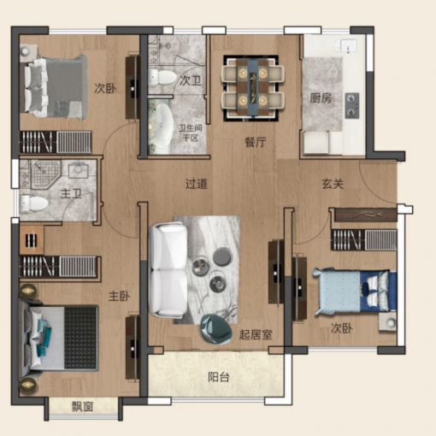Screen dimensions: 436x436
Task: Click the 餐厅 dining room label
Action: pos(256,142)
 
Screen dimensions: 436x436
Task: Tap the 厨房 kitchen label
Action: pos(321,98)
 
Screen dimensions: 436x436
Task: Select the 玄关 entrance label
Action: pos(333,184)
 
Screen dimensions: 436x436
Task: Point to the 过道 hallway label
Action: pos(196,184)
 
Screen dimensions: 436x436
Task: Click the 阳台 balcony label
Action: pos(219,377)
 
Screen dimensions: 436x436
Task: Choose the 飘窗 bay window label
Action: pos(82,407)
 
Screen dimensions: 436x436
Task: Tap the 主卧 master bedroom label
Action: pos(119,297)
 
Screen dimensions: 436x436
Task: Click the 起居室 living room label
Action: pos(256,334)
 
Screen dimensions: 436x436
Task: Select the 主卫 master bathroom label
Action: pos(71,194)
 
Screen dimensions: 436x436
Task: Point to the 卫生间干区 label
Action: pos(191,133)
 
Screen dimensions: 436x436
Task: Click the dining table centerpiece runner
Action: pos(253,87)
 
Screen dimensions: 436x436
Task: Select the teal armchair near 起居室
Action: pos(215,329)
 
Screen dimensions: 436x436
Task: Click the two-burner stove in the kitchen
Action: pos(352,105)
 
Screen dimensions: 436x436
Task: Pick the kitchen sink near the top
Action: pos(345,45)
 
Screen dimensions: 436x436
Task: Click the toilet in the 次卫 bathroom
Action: pos(162,77)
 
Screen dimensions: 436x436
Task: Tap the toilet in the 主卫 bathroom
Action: pos(34,203)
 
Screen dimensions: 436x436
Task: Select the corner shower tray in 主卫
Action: pos(45,174)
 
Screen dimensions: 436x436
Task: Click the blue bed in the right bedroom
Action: pos(355,292)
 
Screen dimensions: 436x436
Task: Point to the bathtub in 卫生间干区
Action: pos(161,125)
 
